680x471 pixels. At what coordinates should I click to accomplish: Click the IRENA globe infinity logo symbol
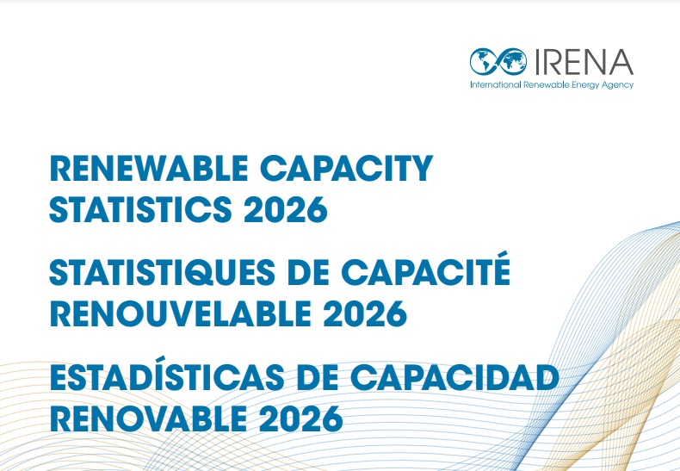(500, 61)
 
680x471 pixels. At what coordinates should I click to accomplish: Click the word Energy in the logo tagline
(586, 85)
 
